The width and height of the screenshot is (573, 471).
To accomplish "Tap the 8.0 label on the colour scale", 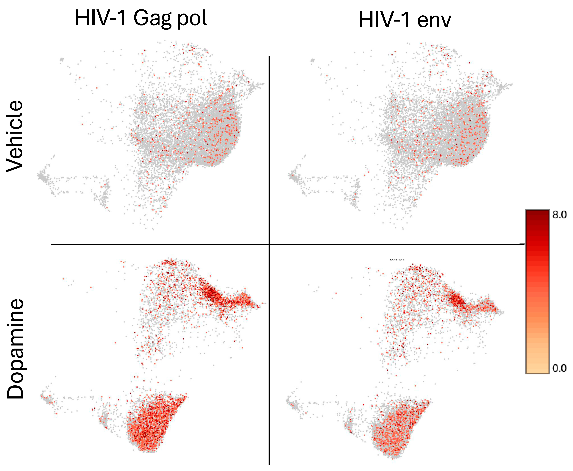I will pyautogui.click(x=559, y=215).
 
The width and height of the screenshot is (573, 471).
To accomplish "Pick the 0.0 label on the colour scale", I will pyautogui.click(x=559, y=368).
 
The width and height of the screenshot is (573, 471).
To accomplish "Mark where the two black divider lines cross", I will pyautogui.click(x=269, y=244).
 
